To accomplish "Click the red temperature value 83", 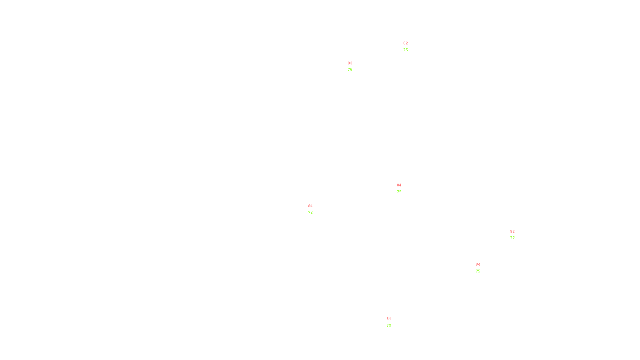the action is [x=350, y=63].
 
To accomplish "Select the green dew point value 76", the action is [x=350, y=70].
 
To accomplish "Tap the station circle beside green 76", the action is [x=354, y=66].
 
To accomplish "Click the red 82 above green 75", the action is [x=406, y=43].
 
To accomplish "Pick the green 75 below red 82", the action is [x=406, y=50].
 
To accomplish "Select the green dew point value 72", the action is [x=310, y=212].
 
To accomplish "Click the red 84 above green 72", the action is [x=310, y=206].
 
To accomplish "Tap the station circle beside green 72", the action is [x=314, y=209].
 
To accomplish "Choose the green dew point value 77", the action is [x=512, y=238].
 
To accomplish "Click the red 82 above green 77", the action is [x=512, y=232].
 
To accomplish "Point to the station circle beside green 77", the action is [x=516, y=235].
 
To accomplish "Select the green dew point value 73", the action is [x=389, y=326].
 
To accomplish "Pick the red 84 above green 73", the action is [x=389, y=319].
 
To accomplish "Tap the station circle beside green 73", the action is [x=392, y=322].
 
